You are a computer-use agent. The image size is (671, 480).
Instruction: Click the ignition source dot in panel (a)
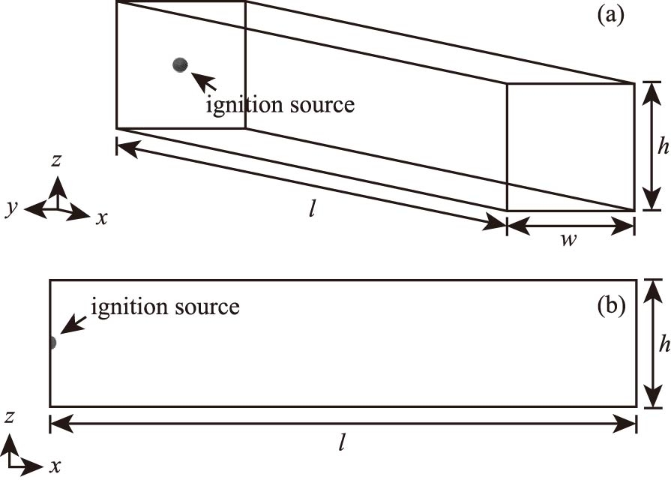tap(179, 64)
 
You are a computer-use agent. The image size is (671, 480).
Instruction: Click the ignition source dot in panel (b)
tap(51, 343)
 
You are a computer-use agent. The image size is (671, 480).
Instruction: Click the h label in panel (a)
tap(662, 147)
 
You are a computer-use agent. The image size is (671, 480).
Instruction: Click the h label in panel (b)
tap(662, 343)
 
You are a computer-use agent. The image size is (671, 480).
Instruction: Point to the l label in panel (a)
tap(311, 208)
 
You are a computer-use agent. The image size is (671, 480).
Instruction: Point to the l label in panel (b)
tap(342, 442)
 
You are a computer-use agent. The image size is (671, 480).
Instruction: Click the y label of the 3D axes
tap(11, 208)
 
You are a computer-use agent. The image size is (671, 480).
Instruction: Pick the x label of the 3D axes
tap(102, 218)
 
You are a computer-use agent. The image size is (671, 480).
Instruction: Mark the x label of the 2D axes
tap(55, 466)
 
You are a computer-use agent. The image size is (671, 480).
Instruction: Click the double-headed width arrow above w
tap(571, 223)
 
